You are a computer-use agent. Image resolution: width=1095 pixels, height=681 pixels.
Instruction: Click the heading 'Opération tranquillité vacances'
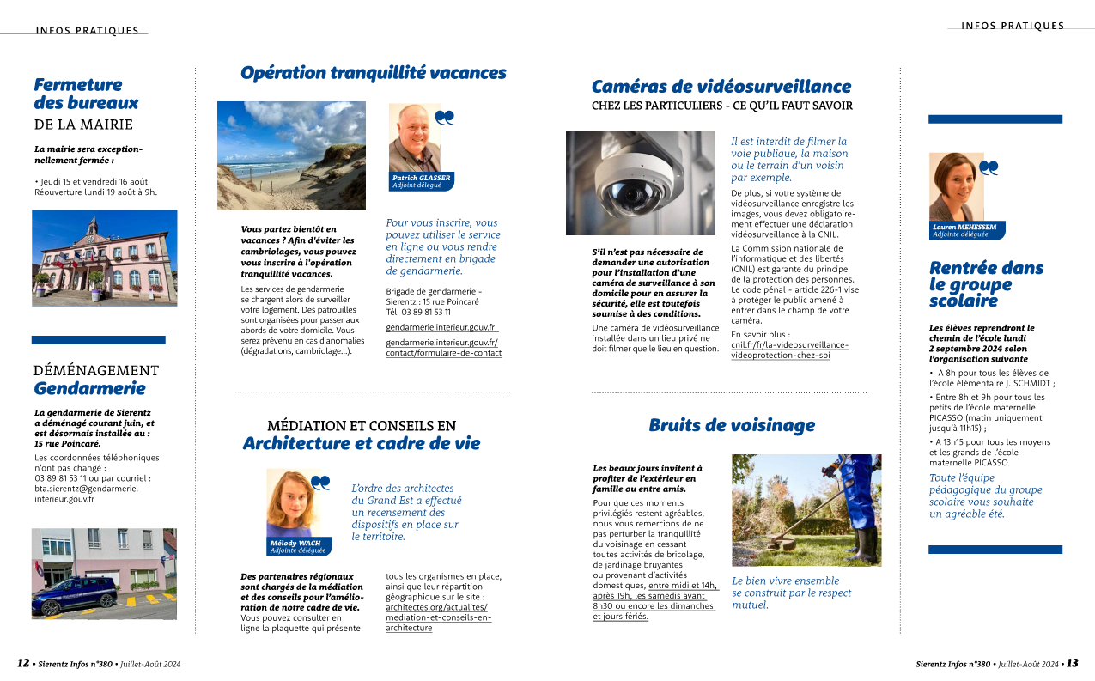pos(373,74)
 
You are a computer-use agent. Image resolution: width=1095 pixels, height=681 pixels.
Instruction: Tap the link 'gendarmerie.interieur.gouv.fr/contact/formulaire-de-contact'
pos(443,348)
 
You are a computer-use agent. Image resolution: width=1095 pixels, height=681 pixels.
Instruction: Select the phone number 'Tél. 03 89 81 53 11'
pos(418,312)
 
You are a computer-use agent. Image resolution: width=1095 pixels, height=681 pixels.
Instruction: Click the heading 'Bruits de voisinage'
pos(731,425)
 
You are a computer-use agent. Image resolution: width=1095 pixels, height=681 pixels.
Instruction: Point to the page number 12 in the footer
pos(23,664)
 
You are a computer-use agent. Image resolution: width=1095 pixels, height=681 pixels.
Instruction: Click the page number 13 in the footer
pos(1072,664)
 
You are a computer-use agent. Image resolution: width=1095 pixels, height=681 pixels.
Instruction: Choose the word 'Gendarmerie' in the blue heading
pos(89,388)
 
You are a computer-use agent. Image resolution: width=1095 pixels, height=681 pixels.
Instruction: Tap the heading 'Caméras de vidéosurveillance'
pos(721,87)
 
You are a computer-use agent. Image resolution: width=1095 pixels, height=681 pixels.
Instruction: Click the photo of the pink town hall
pos(104,258)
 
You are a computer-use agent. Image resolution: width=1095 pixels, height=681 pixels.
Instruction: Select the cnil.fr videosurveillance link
pos(789,350)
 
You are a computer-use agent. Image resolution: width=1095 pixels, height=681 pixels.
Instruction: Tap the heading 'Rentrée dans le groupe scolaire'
pos(986,284)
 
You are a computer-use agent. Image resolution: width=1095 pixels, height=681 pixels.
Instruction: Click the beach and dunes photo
pos(291,155)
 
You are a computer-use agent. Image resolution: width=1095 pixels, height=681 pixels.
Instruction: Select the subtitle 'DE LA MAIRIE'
pos(83,124)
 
